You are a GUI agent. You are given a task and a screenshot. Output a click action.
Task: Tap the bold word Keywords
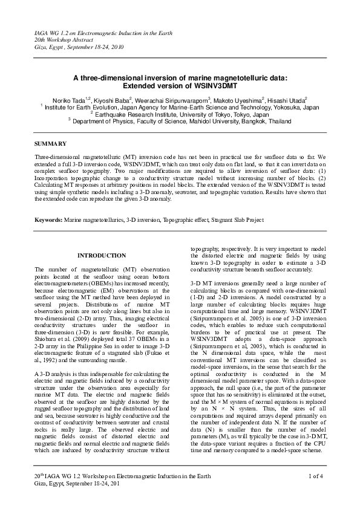[49, 219]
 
